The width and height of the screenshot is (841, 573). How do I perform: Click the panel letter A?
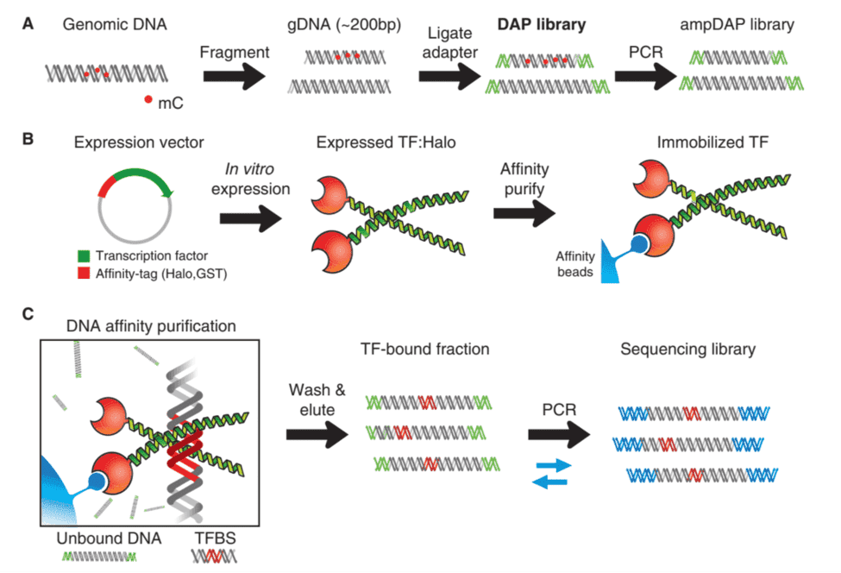28,24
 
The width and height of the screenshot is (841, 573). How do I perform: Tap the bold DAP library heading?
542,24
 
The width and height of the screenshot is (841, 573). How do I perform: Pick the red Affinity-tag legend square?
83,273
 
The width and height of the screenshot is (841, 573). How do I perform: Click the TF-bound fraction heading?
427,349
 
